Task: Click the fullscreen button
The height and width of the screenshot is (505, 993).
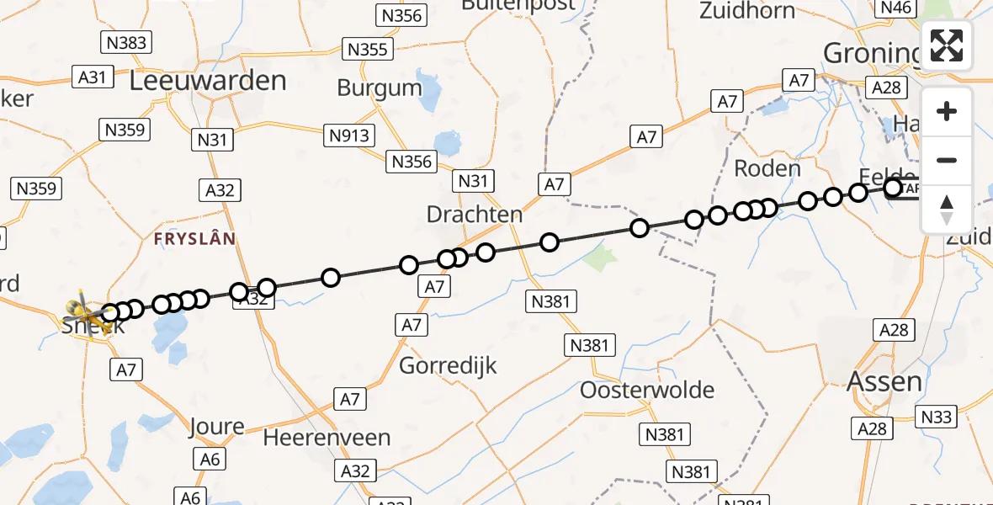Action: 947,45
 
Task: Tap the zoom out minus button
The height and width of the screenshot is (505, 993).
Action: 947,160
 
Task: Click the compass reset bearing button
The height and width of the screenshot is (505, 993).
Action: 947,209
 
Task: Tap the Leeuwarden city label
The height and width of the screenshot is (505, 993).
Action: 208,82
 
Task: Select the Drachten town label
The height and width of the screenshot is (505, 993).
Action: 475,215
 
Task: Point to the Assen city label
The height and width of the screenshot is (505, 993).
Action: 884,382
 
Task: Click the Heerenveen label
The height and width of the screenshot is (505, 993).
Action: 327,439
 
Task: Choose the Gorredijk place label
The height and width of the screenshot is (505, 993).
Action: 448,366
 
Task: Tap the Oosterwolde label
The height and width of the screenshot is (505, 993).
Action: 647,391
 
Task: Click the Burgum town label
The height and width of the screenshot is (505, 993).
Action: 380,88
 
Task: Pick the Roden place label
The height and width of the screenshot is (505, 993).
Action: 767,168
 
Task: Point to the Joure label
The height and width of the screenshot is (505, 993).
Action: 217,426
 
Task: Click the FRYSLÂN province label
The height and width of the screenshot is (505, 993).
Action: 194,239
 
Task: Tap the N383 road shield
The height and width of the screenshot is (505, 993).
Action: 126,42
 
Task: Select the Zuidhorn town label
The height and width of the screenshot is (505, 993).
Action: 747,11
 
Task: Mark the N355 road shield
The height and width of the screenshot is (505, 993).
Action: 367,49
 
